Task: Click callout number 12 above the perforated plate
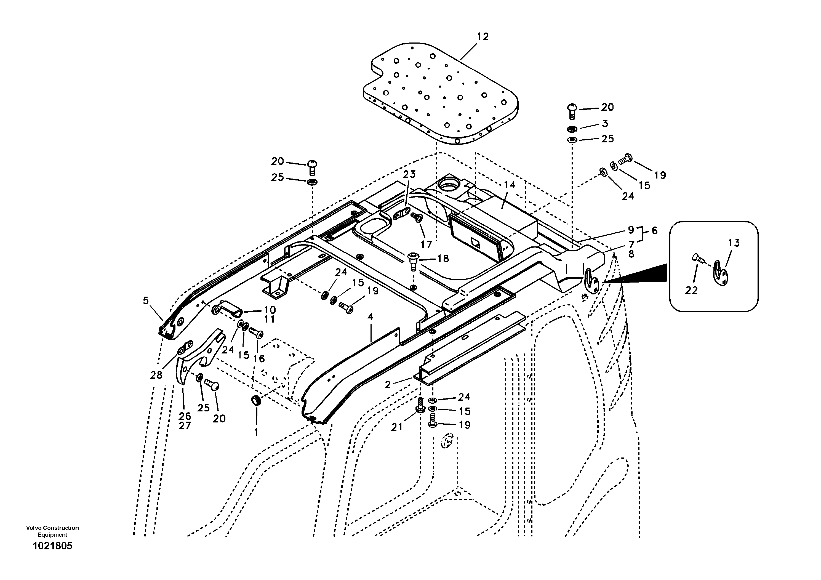pyautogui.click(x=483, y=37)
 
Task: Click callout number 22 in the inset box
pyautogui.click(x=691, y=290)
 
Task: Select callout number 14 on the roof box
pyautogui.click(x=509, y=185)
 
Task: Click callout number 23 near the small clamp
pyautogui.click(x=409, y=174)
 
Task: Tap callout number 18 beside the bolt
pyautogui.click(x=443, y=259)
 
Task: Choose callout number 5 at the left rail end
pyautogui.click(x=146, y=301)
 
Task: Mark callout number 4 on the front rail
pyautogui.click(x=370, y=317)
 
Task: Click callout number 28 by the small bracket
pyautogui.click(x=156, y=375)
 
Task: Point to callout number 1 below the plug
pyautogui.click(x=256, y=432)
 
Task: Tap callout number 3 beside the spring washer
pyautogui.click(x=605, y=123)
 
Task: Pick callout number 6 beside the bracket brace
pyautogui.click(x=654, y=231)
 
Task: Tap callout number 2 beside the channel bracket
pyautogui.click(x=388, y=385)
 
